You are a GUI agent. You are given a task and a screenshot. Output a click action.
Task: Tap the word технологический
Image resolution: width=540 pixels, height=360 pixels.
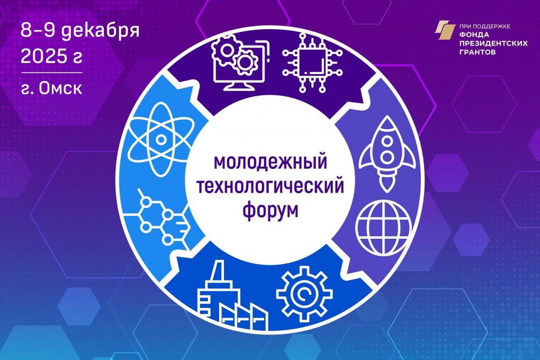point(269,186)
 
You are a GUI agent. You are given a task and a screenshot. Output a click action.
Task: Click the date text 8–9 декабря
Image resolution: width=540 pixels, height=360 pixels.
point(79,30)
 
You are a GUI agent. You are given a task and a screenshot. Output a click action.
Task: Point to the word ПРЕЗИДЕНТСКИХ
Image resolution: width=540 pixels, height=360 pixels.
point(488,46)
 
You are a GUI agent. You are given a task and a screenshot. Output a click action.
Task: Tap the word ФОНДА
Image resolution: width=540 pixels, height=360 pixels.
point(470,38)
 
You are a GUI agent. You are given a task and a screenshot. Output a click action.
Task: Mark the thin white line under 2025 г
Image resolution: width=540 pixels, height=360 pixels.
point(51,72)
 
